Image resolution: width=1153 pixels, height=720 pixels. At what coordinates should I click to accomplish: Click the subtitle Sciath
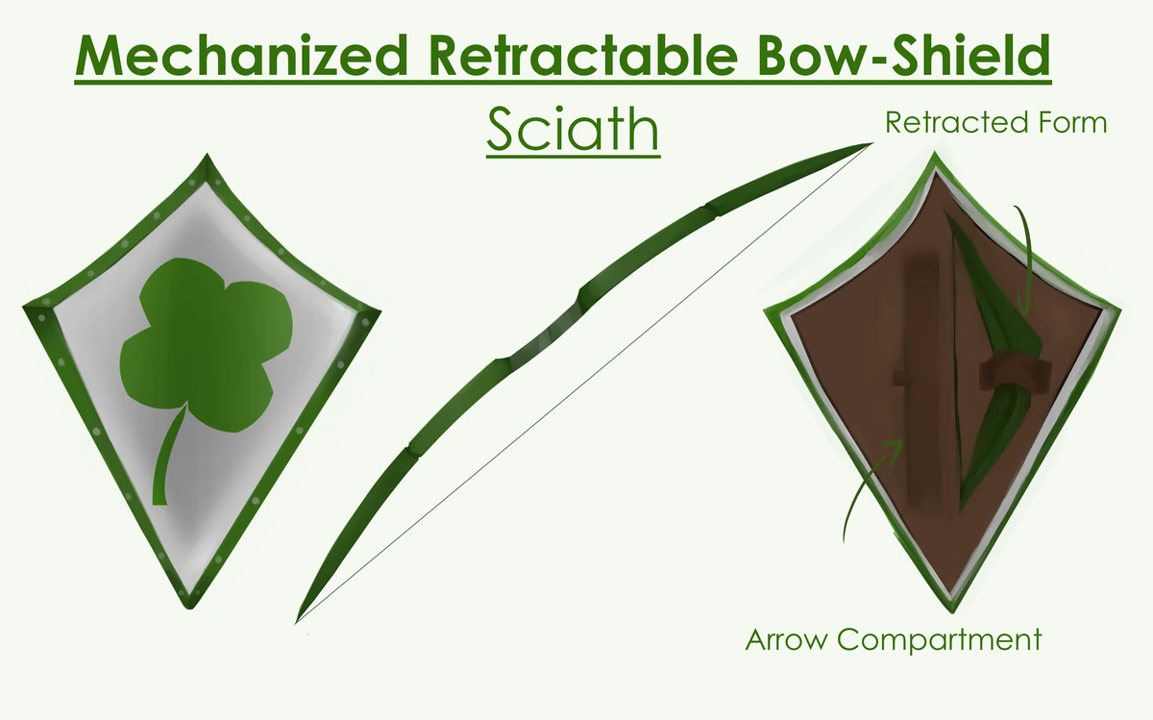(573, 131)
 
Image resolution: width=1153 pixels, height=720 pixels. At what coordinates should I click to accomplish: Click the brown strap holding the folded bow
(1009, 372)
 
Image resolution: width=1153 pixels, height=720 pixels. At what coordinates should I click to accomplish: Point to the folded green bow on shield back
(990, 317)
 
